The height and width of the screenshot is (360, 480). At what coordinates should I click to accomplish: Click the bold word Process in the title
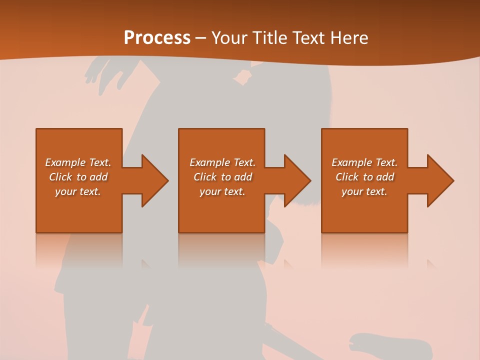[x=157, y=38]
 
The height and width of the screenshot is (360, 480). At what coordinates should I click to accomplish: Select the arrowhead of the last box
[x=439, y=180]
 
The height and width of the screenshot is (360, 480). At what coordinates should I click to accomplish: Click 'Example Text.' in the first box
[x=78, y=162]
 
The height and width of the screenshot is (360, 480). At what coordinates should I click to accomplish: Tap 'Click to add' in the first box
[x=78, y=177]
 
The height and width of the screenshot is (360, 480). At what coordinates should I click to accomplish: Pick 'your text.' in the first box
[x=78, y=191]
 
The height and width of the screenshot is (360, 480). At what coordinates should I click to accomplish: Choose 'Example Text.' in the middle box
[x=222, y=162]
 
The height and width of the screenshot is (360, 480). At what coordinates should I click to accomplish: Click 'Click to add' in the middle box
[x=222, y=177]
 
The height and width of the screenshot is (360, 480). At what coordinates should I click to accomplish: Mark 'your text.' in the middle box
[x=222, y=191]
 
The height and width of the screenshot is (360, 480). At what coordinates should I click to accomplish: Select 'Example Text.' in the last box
[x=364, y=162]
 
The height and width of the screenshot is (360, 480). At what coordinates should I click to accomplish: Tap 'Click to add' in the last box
[x=364, y=177]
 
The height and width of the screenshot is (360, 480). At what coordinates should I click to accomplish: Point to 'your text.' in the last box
[x=364, y=191]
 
